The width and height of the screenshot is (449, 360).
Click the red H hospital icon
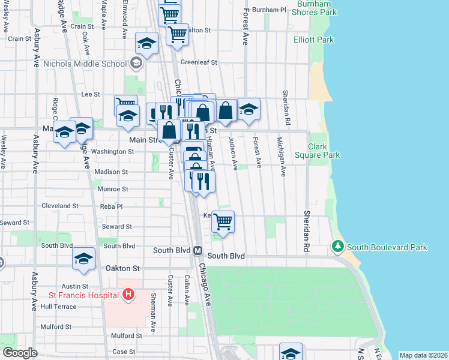127,294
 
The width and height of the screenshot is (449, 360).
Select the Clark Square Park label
324,151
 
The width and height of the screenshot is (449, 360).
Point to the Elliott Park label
313,40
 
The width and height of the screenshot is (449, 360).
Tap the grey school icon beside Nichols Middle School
136,63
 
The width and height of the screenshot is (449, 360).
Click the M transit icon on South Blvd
197,250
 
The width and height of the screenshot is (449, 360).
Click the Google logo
19,353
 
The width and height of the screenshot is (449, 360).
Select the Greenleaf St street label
198,62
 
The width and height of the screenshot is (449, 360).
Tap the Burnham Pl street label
269,10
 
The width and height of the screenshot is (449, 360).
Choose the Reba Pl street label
111,206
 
